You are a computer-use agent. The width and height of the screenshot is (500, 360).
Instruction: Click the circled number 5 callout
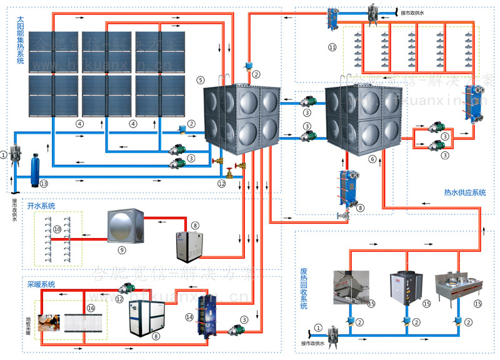point(200,80)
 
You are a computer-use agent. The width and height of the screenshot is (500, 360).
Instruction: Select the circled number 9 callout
point(122,249)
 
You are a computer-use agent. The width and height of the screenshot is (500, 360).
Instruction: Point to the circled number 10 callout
point(57,229)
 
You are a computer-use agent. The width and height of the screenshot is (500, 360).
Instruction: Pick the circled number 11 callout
point(332,47)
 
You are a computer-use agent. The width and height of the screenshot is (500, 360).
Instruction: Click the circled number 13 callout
point(43,184)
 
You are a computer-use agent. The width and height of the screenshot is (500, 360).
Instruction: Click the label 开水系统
point(41,205)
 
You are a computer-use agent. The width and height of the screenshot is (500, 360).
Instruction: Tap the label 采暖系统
point(41,284)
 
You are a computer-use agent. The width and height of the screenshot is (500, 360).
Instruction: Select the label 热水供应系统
point(464,192)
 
